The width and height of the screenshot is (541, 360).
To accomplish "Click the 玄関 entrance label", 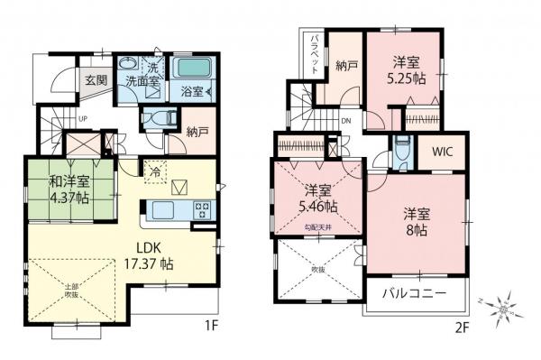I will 96,79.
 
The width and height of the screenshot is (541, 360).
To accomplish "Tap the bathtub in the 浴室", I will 190,69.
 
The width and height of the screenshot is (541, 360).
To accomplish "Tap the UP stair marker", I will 83,118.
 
